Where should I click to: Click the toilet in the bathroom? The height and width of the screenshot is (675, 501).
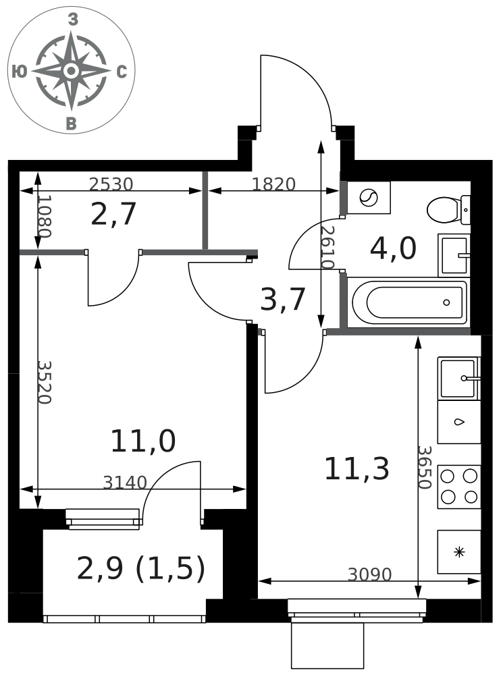click(448, 210)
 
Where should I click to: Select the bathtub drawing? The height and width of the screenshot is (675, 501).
click(408, 302)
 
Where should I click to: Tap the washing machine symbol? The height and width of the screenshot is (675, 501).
click(369, 198)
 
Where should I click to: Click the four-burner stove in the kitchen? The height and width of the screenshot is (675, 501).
click(459, 487)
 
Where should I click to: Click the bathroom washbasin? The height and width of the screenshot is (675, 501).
click(454, 255)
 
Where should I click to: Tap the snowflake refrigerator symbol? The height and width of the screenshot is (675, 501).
click(459, 552)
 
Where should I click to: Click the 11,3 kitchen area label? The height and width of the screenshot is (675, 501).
click(357, 469)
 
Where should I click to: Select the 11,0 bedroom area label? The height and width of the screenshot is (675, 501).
click(143, 441)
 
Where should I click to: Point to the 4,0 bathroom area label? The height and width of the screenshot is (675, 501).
click(393, 248)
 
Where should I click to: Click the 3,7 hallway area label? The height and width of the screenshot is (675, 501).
click(283, 299)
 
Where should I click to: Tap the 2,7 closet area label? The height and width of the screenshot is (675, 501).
click(113, 214)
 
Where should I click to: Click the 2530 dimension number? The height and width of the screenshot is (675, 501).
click(111, 184)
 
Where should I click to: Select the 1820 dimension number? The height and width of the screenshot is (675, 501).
click(273, 184)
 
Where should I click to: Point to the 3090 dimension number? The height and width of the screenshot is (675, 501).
click(369, 574)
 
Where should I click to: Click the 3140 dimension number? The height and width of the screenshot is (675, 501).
click(125, 483)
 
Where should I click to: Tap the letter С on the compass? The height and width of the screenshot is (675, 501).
click(122, 72)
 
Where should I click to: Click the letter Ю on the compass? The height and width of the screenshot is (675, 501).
click(19, 72)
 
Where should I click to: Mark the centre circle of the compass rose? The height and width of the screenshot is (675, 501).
click(72, 70)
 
